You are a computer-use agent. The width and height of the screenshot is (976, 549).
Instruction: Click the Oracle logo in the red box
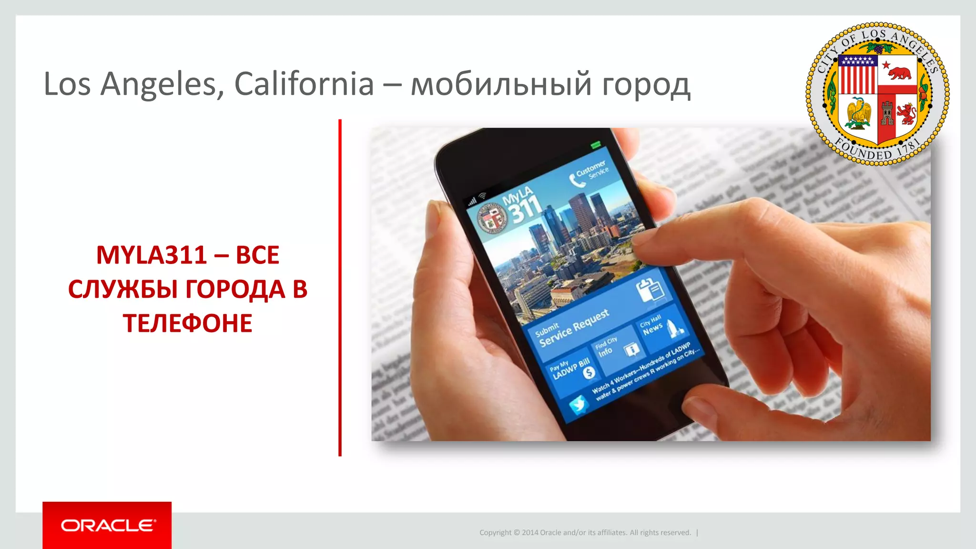coord(108,525)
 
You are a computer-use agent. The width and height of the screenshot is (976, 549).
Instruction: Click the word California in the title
coord(304,84)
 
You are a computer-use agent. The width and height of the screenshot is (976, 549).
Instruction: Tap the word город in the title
coord(645,85)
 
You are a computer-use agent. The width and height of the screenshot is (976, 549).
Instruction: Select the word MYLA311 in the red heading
coord(151,255)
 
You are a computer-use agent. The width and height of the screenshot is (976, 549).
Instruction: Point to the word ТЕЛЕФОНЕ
coord(188,323)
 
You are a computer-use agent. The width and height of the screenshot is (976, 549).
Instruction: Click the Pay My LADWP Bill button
coord(571,370)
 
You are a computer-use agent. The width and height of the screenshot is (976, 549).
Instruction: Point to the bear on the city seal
coord(899,73)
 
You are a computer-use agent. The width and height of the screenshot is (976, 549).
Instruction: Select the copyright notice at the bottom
coord(585,532)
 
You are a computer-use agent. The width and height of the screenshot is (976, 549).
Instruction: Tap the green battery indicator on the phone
coord(596,144)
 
